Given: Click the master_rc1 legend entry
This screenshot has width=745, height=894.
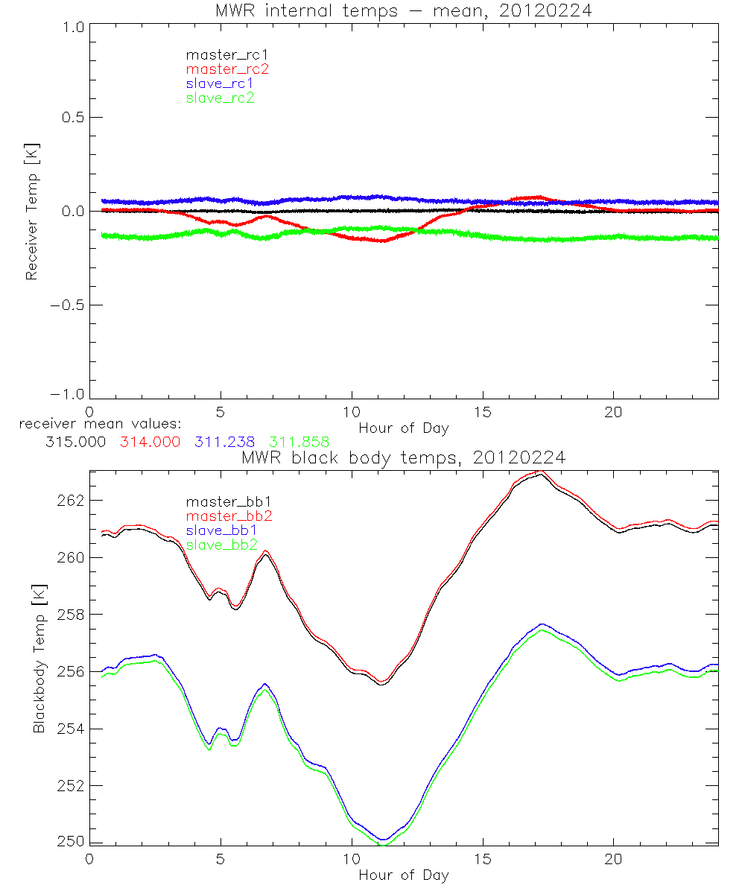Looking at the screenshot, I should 220,55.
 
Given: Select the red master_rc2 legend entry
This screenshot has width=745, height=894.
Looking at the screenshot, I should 227,69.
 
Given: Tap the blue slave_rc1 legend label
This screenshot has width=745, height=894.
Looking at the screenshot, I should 220,83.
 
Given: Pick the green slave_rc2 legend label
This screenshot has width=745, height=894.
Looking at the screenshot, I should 220,98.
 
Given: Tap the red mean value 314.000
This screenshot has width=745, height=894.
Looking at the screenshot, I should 150,442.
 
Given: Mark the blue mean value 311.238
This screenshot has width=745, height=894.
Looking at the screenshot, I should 224,442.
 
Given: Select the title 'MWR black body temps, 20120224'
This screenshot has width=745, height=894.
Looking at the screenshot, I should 403,457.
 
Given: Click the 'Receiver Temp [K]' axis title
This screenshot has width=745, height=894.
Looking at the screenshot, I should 32,212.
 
